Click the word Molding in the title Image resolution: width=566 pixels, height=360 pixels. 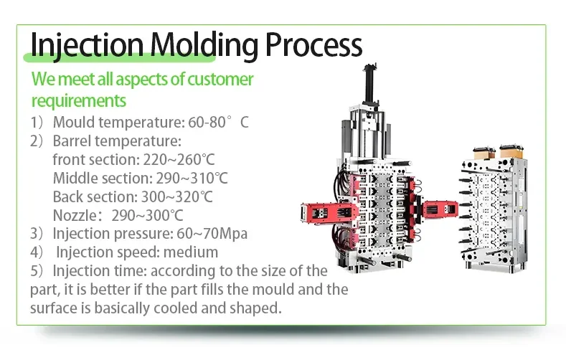pyautogui.click(x=204, y=45)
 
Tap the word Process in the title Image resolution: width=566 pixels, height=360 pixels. pyautogui.click(x=313, y=45)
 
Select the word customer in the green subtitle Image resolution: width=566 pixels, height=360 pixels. pyautogui.click(x=220, y=79)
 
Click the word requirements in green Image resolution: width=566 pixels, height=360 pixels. pyautogui.click(x=79, y=101)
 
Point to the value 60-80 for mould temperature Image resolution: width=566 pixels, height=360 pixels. pyautogui.click(x=207, y=123)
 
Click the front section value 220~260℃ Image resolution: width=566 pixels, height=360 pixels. pyautogui.click(x=179, y=159)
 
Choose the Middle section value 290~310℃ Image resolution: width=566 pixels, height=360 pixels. pyautogui.click(x=192, y=178)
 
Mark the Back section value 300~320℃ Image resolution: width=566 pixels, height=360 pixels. pyautogui.click(x=177, y=197)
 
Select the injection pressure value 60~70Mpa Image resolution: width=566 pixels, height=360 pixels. pyautogui.click(x=212, y=234)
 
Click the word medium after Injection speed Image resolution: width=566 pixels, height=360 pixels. pyautogui.click(x=191, y=252)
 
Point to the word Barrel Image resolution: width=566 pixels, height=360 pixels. pyautogui.click(x=72, y=141)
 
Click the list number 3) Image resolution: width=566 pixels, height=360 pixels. pyautogui.click(x=37, y=234)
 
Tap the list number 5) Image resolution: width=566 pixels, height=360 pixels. pyautogui.click(x=37, y=271)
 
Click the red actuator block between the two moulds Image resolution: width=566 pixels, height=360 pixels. pyautogui.click(x=440, y=209)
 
